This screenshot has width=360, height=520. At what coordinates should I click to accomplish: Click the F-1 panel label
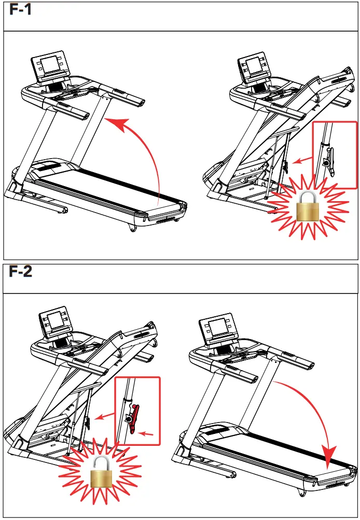click(20, 10)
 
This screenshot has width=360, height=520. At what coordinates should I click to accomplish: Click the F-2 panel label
click(21, 271)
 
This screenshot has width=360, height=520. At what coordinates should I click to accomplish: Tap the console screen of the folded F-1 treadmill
click(254, 66)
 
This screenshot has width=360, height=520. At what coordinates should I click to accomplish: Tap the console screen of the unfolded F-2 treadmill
click(217, 329)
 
